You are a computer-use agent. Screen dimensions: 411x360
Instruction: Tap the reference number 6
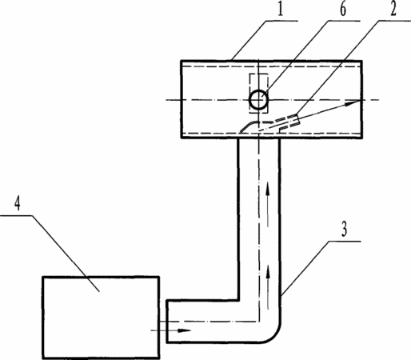[343, 9]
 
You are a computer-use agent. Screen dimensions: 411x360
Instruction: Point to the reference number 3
[345, 229]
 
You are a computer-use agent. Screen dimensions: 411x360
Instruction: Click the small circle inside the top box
[258, 100]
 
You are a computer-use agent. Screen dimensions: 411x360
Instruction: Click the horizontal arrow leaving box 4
[171, 330]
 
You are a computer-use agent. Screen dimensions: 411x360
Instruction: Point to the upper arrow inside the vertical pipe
[268, 204]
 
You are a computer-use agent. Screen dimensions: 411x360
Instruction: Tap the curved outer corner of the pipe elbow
[275, 335]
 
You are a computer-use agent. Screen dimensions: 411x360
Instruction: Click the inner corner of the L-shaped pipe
[238, 300]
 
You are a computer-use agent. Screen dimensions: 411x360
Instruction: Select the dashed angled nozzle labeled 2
[269, 123]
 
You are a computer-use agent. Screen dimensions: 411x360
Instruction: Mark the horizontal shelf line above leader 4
[16, 215]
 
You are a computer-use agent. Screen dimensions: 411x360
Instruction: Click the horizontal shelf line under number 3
[345, 241]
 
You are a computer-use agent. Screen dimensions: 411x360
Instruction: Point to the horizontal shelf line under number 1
[281, 21]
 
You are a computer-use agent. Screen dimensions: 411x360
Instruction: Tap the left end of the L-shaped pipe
[166, 321]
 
